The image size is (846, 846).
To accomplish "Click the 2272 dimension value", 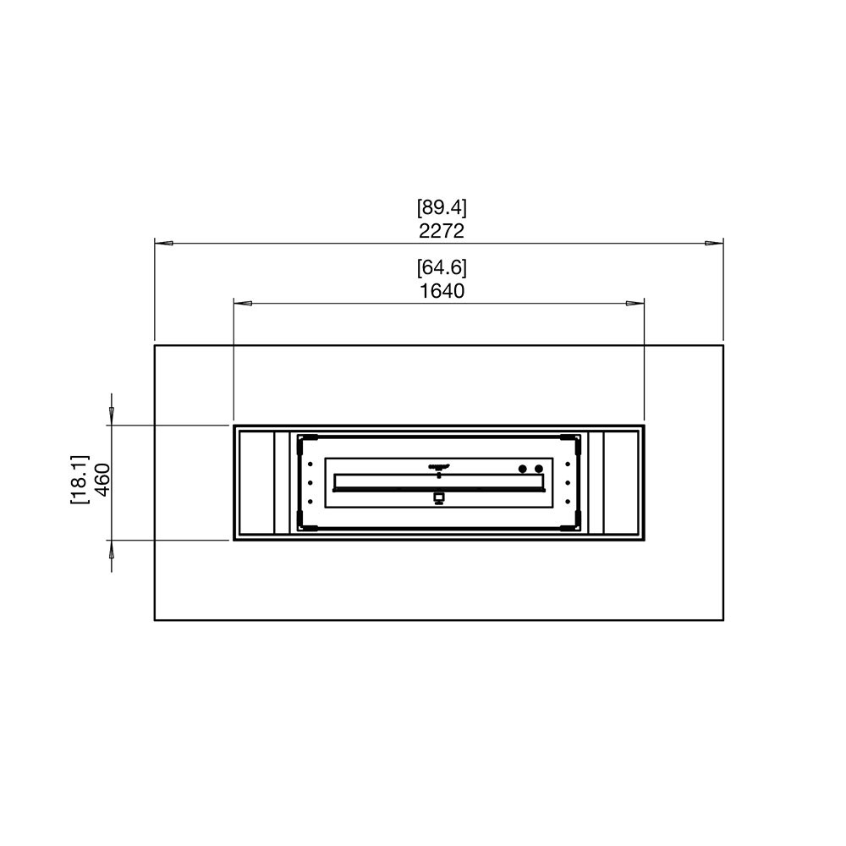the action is [x=442, y=231].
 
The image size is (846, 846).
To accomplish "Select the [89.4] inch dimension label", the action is [x=442, y=207].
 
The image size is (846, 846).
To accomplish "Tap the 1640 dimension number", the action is [x=442, y=291].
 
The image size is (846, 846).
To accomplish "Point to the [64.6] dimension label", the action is [x=442, y=267].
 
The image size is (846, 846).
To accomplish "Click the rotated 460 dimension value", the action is [x=102, y=479].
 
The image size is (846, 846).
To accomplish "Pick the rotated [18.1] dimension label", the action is [x=79, y=480].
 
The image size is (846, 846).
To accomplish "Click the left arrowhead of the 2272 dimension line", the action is [x=164, y=244].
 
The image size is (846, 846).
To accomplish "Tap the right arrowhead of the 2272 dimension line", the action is [x=714, y=244].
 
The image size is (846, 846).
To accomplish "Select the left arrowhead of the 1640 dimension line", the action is [x=243, y=303].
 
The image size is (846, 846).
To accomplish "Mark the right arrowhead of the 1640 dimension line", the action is [x=635, y=303].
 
